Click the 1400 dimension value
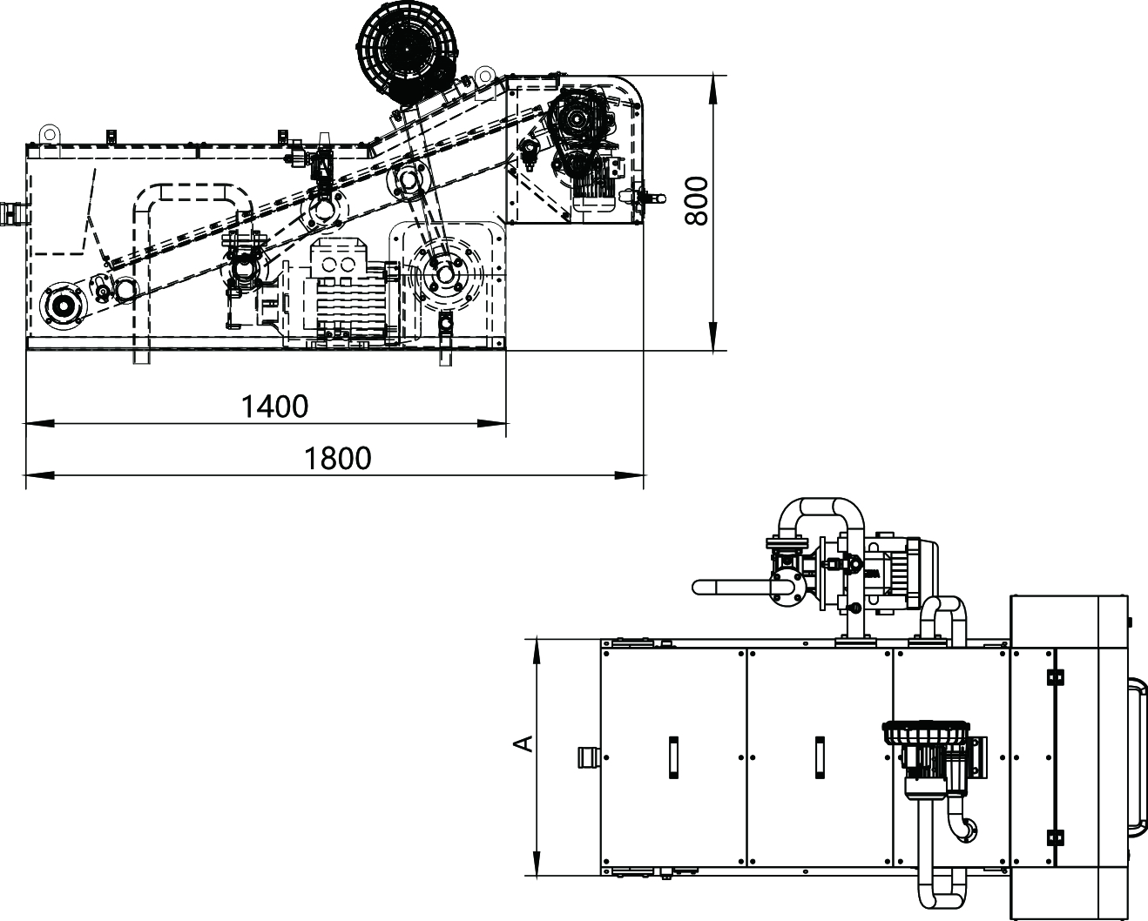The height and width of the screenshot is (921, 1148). click(x=274, y=407)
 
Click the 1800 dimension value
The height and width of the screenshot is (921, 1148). click(x=337, y=459)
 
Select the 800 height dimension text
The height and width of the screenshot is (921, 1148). click(x=697, y=201)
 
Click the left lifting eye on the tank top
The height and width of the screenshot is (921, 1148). click(x=49, y=132)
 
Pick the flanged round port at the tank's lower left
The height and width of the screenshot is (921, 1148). click(x=63, y=306)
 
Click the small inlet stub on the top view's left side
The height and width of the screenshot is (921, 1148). click(x=589, y=757)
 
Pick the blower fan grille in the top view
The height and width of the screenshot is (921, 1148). click(x=926, y=732)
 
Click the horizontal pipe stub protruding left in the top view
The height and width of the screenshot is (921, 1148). click(x=732, y=588)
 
